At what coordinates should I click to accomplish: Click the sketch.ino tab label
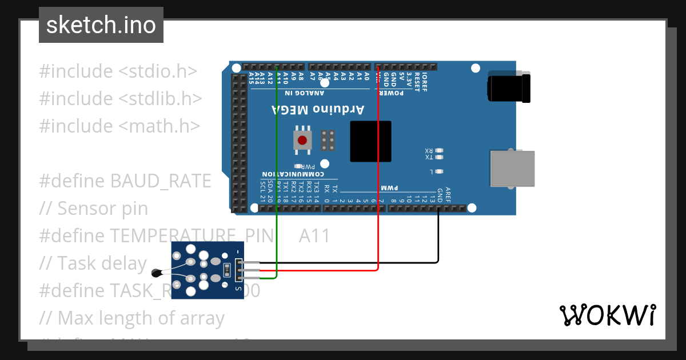point(101,25)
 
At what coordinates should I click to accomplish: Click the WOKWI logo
point(607,315)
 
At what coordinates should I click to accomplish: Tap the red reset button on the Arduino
point(301,140)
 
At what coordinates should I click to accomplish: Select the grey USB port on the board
point(512,169)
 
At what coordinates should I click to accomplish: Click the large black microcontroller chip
point(370,141)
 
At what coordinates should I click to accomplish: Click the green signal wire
point(277,171)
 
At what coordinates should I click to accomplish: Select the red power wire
point(378,171)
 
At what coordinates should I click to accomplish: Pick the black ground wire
point(438,240)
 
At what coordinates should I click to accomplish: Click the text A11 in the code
point(314,235)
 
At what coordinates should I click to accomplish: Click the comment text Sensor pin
point(102,209)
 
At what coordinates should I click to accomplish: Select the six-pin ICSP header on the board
point(328,140)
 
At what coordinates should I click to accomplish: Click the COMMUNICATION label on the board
point(293,174)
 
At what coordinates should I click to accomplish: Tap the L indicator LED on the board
point(439,171)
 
